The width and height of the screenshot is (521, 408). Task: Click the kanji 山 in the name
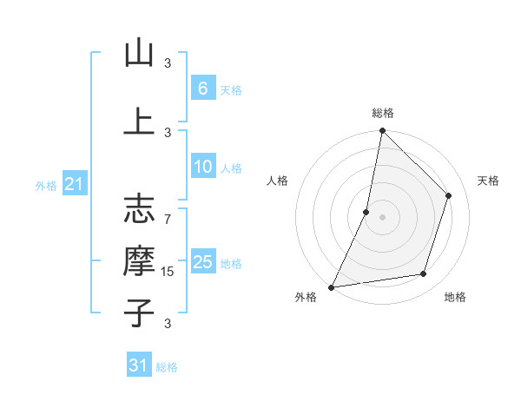point(139,55)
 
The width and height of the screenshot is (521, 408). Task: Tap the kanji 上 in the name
point(139,122)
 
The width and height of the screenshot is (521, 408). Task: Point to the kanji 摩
point(139,260)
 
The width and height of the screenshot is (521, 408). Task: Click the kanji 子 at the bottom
point(139,312)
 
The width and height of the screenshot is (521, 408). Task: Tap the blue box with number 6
point(202,89)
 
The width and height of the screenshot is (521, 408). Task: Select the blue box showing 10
point(202,168)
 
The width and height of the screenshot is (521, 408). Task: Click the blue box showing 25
point(202,262)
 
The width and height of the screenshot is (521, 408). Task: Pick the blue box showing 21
point(75,184)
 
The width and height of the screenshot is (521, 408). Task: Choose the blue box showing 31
point(139,365)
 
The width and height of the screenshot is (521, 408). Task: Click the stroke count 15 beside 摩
point(168,272)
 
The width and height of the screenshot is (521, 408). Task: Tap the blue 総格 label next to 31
point(167,367)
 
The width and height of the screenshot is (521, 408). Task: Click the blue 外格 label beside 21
point(46,185)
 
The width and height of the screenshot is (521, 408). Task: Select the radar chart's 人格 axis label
point(278,181)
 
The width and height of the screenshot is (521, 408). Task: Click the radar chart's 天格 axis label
point(488,181)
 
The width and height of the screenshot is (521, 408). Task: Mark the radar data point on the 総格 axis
point(382,130)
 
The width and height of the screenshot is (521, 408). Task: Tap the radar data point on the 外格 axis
point(331,287)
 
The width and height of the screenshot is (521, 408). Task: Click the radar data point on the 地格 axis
point(424,274)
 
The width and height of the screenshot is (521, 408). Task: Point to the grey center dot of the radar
point(382,217)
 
